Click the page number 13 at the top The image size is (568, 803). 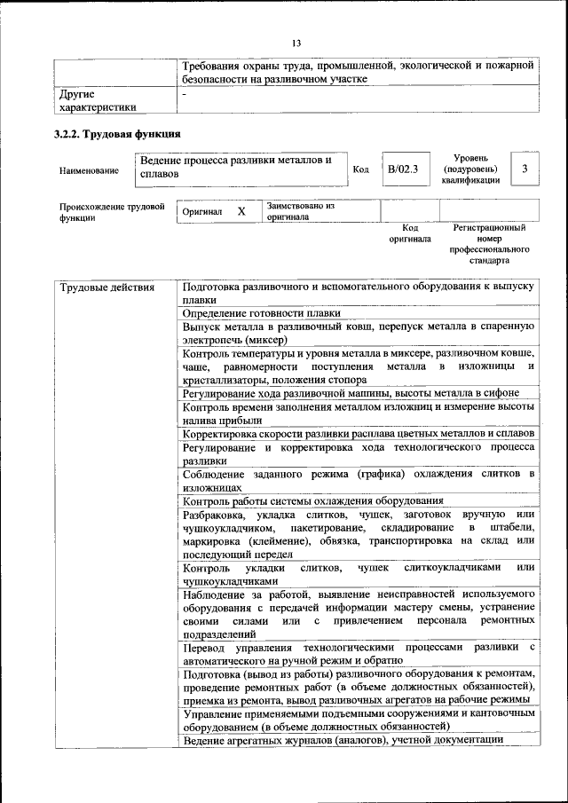[x=296, y=43]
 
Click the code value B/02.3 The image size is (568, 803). [x=402, y=168]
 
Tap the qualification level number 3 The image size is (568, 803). [x=525, y=168]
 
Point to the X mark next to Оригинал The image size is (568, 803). [x=241, y=212]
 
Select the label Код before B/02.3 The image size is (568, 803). [x=360, y=169]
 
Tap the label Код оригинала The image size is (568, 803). [x=409, y=233]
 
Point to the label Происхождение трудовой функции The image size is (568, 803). [x=113, y=213]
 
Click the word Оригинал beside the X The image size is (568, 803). [x=202, y=213]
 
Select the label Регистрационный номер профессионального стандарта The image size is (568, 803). [x=489, y=245]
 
